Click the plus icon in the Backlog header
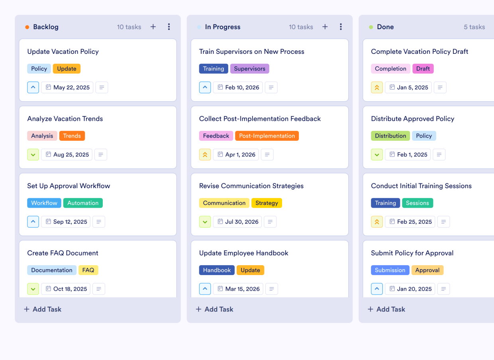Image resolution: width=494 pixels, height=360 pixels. point(153,27)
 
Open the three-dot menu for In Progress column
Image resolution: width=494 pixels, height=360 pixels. point(341,27)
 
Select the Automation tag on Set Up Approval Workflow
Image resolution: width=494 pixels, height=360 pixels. point(83,203)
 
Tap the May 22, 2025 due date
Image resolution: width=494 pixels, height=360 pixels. point(67,87)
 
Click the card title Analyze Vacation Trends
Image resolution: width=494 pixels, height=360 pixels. point(65,119)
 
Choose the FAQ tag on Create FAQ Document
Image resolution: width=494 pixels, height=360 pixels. point(88,270)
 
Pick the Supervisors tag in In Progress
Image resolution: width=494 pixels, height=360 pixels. point(249,69)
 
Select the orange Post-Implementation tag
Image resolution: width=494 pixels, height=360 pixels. point(267,136)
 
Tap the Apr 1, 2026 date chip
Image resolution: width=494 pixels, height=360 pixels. point(236,155)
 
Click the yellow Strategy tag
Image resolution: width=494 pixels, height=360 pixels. point(267,203)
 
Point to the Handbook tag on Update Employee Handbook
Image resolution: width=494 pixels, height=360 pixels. point(217,270)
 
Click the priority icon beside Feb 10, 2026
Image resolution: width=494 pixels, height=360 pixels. point(205,87)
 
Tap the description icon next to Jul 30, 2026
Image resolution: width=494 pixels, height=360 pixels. point(270,222)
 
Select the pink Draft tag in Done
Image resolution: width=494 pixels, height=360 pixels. point(423,69)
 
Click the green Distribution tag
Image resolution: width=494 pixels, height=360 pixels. point(390,136)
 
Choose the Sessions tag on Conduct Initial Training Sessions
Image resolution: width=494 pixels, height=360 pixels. point(417,203)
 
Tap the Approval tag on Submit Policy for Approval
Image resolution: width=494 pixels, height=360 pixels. point(427,270)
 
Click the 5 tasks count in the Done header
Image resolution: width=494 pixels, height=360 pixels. point(474,27)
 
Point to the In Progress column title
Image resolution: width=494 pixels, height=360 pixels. point(223,27)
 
